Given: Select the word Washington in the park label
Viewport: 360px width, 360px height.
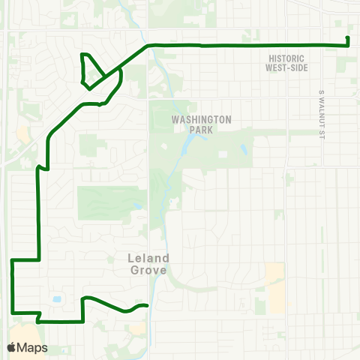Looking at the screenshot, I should click(202, 120).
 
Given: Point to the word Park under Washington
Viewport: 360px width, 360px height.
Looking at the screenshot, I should click(202, 130).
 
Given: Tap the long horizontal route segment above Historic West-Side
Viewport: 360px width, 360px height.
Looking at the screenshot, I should click(247, 46).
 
